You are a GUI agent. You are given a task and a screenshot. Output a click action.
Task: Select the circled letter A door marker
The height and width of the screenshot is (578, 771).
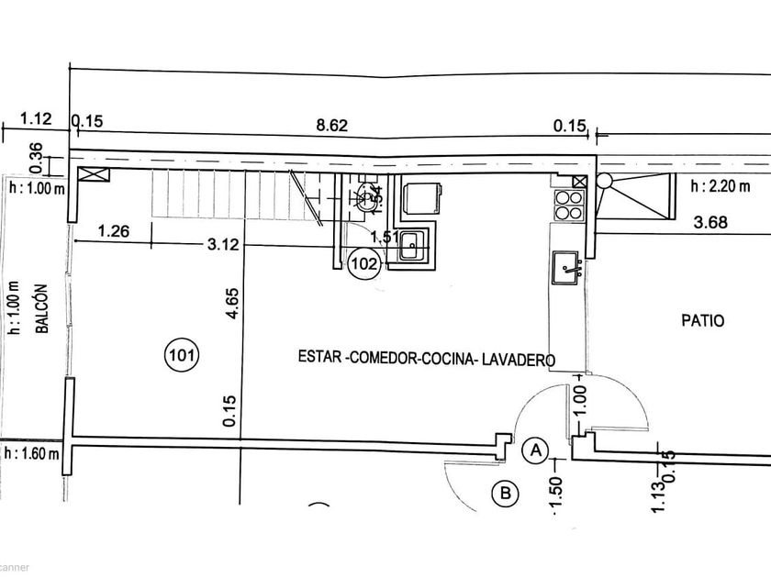[x=535, y=450]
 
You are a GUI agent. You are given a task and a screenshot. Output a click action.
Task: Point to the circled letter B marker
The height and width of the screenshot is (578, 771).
[x=504, y=495]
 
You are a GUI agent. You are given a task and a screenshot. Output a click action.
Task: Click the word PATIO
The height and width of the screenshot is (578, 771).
[x=703, y=321]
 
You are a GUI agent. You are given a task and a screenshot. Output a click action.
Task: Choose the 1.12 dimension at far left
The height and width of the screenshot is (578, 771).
[x=33, y=118]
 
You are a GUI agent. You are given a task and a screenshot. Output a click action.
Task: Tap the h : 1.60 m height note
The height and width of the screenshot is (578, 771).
[x=33, y=453]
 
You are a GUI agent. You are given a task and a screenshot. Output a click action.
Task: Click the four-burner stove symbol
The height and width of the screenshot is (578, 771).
[x=567, y=203]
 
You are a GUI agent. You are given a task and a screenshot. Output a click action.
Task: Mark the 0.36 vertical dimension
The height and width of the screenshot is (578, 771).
[x=37, y=158]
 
